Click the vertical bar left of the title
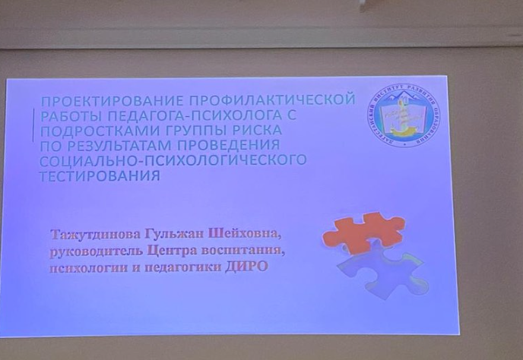click(x=33, y=121)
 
